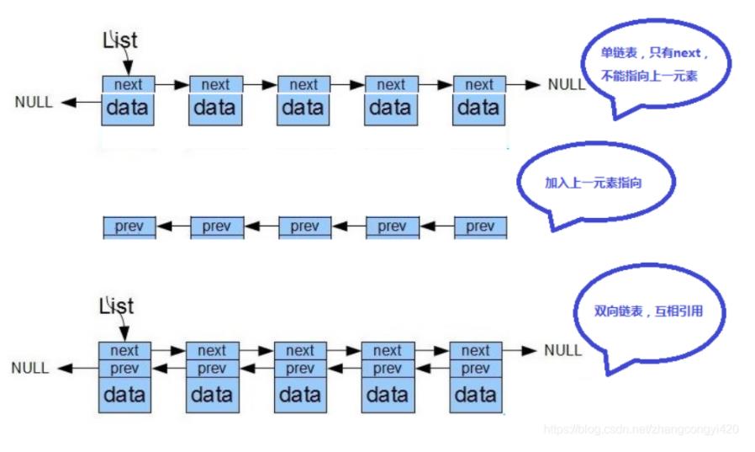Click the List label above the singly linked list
119,40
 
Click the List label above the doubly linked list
116,306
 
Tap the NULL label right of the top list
566,84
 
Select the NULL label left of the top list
34,102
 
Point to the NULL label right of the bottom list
562,349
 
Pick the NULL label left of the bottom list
30,368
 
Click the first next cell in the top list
128,84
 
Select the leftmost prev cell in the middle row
128,226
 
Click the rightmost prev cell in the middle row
480,226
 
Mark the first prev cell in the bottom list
124,369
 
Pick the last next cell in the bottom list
476,350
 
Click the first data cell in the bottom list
124,393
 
